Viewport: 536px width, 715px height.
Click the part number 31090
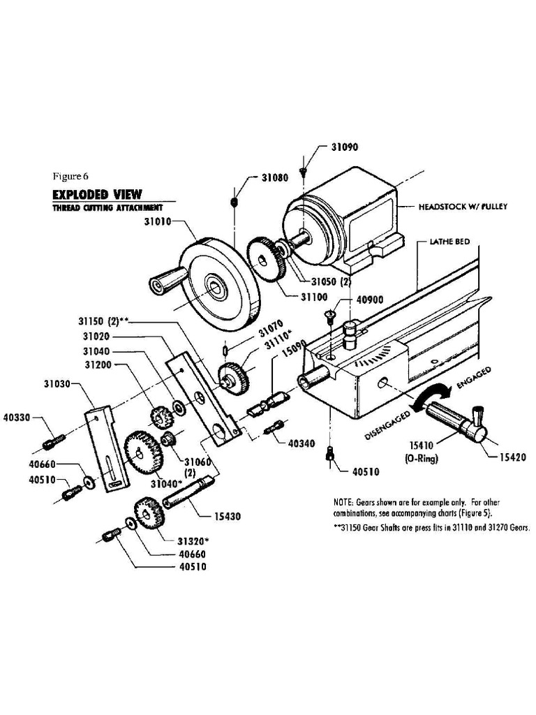345,148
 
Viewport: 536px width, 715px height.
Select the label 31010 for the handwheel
158,222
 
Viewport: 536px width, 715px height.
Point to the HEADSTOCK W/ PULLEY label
463,207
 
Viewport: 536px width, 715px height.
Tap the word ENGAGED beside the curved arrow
474,378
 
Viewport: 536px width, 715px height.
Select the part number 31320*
194,541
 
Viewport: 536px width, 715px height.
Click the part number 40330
17,418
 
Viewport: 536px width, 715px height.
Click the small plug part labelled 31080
235,202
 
